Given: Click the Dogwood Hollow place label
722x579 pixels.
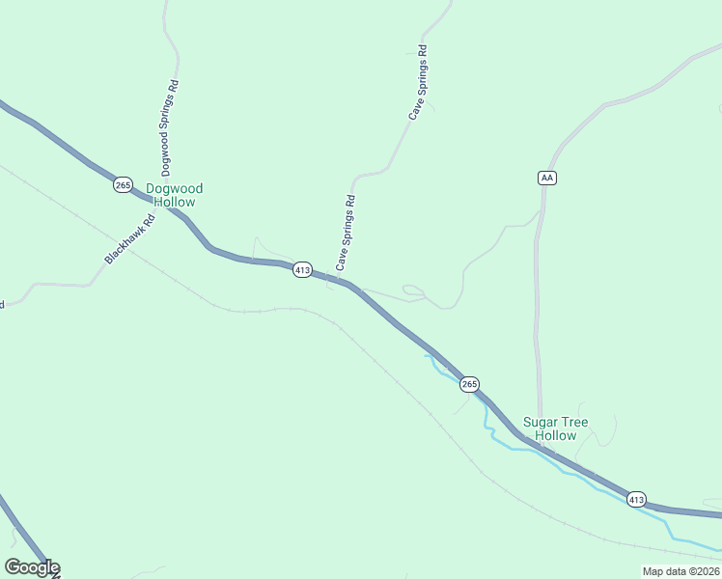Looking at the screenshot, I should click(174, 195).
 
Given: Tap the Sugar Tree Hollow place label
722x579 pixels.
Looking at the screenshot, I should click(555, 428).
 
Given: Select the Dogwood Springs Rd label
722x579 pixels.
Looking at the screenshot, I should click(169, 123).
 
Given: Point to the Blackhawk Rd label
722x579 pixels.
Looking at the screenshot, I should click(129, 240).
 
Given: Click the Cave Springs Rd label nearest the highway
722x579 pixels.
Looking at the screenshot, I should click(346, 233).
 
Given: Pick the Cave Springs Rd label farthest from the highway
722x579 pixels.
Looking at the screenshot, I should click(417, 82).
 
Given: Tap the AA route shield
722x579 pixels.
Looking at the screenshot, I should click(547, 178).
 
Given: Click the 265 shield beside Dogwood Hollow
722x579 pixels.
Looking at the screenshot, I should click(123, 184).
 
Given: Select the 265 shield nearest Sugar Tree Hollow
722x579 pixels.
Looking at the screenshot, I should click(469, 384).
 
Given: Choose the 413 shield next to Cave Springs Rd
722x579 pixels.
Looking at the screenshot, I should click(302, 270).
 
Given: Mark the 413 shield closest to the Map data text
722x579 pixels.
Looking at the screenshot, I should click(636, 499).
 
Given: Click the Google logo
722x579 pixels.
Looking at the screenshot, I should click(32, 567).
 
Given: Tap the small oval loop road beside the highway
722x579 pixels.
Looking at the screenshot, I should click(412, 289).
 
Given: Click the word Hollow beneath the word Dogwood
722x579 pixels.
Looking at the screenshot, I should click(174, 203).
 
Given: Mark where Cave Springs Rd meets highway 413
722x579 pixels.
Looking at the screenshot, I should click(338, 281).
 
